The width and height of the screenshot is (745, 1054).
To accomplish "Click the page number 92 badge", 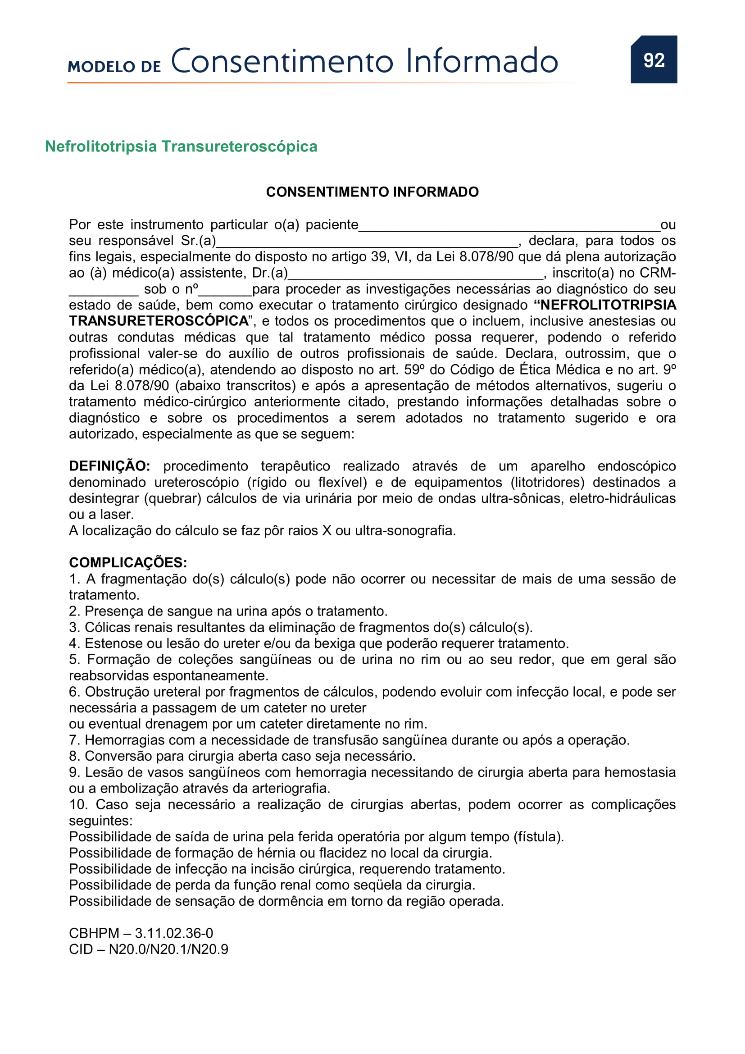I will (653, 59).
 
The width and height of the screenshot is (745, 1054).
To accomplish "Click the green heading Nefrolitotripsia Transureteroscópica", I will (181, 146).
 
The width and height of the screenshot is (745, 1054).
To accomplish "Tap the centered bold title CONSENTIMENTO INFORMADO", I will (372, 192).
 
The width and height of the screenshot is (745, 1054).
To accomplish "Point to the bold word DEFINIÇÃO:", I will (109, 466).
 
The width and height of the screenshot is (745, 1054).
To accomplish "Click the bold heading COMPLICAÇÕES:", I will (128, 562).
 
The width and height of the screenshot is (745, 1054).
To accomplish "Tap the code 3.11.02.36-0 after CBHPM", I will (174, 933).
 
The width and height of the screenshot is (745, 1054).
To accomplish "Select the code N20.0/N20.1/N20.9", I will (168, 949).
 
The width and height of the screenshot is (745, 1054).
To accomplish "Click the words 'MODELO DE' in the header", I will (114, 67).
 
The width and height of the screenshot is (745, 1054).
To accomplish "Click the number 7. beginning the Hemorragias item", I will (75, 740).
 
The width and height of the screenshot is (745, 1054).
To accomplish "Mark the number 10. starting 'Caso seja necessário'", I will (78, 804).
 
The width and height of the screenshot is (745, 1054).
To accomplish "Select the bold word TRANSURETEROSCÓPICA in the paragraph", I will (158, 321).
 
